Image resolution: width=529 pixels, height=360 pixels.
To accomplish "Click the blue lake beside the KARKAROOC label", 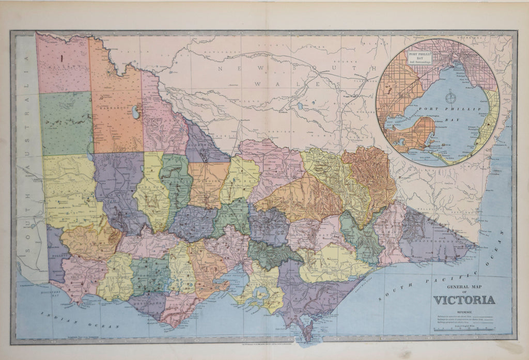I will (x=137, y=111).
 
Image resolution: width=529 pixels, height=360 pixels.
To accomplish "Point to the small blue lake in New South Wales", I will (x=301, y=106).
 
